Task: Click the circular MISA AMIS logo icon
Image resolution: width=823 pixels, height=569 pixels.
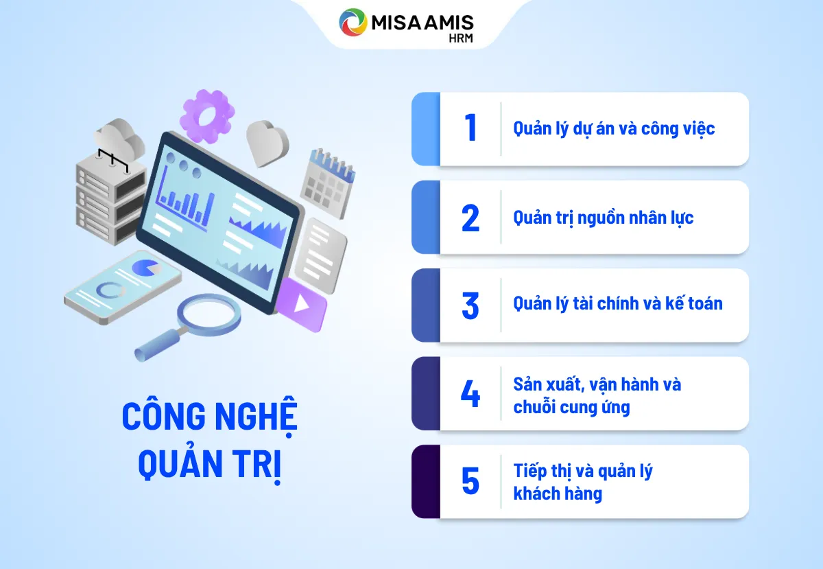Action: pos(354,22)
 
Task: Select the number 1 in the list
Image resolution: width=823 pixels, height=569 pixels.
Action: pos(470,128)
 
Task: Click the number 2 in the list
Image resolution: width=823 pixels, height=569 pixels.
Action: pos(470,218)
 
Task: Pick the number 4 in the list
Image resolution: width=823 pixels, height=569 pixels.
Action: pos(470,394)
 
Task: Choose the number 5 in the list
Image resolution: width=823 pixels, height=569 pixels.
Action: pos(470,481)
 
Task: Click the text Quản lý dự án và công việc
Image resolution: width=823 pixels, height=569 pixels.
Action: pos(614,128)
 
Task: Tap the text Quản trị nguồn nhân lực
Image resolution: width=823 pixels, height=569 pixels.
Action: pos(604,218)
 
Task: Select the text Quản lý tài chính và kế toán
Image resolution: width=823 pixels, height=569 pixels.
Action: pos(618,303)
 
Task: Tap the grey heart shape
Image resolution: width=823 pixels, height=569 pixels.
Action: pos(267,142)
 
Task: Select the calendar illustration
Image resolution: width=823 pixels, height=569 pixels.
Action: pos(327,182)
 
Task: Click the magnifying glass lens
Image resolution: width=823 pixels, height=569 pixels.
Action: pos(209,313)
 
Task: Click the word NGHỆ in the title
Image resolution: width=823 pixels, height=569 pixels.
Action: pos(254,416)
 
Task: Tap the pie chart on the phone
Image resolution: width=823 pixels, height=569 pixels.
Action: pos(145,268)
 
